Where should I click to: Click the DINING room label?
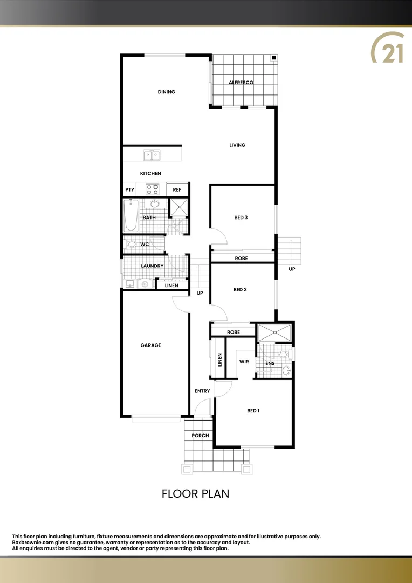(167, 92)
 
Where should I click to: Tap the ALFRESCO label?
(241, 82)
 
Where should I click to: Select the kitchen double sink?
(152, 155)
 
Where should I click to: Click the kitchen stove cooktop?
(153, 189)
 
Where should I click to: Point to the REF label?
(177, 190)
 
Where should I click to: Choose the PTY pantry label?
(129, 190)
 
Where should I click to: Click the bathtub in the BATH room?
(131, 215)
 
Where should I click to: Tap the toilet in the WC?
(132, 244)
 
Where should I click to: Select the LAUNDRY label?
(152, 266)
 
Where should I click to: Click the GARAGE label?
(151, 345)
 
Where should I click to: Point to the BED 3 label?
(241, 218)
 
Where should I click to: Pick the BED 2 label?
(240, 290)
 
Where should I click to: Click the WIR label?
(244, 362)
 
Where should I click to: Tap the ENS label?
(270, 363)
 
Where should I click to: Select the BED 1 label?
(253, 411)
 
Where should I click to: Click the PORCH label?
(200, 436)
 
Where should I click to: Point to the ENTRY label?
(202, 391)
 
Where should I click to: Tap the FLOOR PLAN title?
(196, 493)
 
